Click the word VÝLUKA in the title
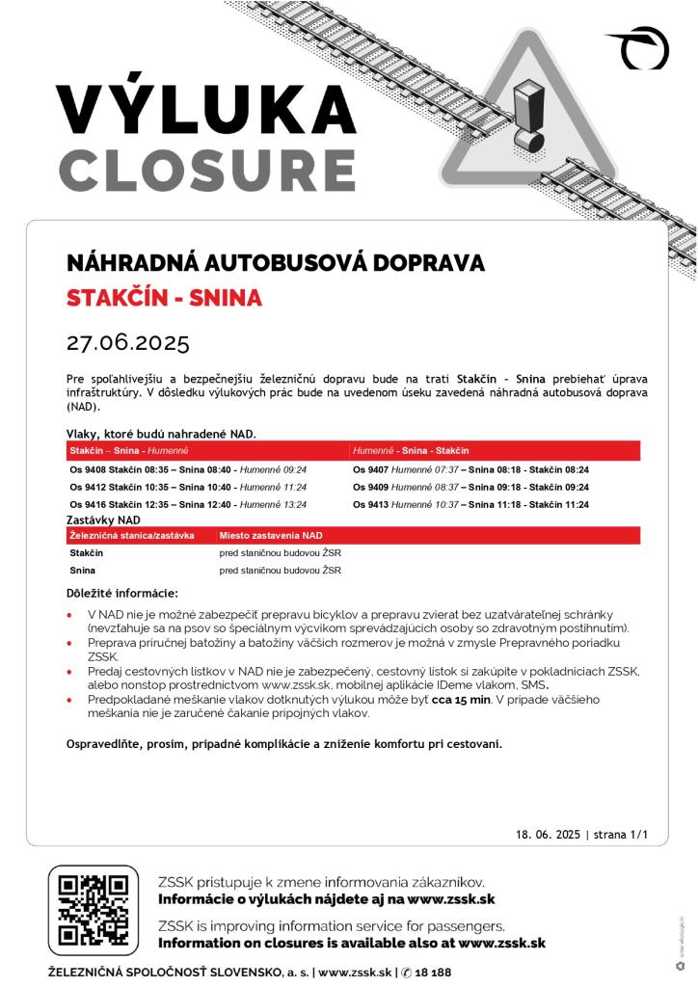[x=205, y=109]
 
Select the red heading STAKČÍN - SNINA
[x=164, y=298]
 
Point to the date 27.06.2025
[x=128, y=343]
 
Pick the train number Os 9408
[x=88, y=469]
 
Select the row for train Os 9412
[x=188, y=487]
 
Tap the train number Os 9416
[x=88, y=504]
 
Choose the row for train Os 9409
[x=470, y=487]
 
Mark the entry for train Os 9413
[x=470, y=504]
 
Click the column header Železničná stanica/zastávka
[x=132, y=535]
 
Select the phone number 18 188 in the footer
[x=433, y=974]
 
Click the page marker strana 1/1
[x=621, y=835]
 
